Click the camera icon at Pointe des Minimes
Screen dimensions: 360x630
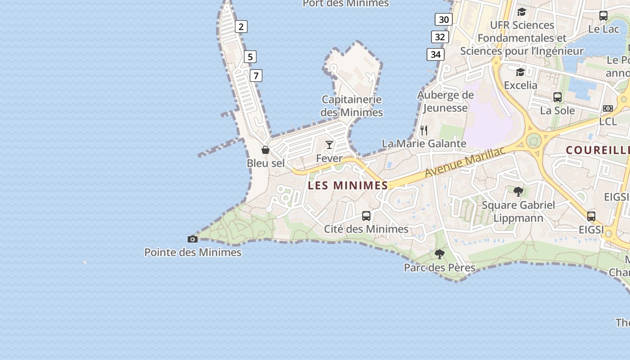193,239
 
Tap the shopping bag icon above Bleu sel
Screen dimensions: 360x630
265,149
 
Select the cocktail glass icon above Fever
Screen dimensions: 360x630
329,144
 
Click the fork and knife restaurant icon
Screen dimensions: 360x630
424,130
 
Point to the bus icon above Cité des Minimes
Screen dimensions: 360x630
366,216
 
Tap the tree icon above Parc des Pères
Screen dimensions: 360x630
440,254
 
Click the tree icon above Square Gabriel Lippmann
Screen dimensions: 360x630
518,192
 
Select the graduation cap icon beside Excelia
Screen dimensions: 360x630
520,72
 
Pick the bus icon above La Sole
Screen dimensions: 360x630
558,97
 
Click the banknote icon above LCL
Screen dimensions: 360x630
608,108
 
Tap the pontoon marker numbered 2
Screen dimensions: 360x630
241,27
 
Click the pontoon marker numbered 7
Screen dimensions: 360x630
256,76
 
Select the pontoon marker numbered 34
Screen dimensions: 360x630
436,54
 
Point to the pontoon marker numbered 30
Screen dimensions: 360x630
444,19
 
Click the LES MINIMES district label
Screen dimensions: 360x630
348,185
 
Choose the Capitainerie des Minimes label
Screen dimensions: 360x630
352,106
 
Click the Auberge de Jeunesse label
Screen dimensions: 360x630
445,101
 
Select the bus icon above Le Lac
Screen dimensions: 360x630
603,15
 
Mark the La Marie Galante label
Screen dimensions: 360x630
424,144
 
